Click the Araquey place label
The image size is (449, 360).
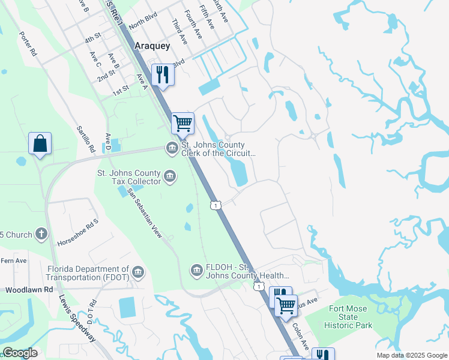point(152,46)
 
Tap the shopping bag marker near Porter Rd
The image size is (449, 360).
point(40,144)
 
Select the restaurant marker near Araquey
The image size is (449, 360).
point(163,74)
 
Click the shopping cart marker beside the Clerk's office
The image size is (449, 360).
point(183,124)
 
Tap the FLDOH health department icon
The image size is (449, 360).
point(196,272)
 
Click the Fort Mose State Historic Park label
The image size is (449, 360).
point(351,317)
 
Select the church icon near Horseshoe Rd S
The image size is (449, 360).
point(41,233)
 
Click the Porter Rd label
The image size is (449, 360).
point(28,44)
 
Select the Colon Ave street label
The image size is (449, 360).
point(301,337)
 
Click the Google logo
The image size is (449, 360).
point(19,353)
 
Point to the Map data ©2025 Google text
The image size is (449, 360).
point(411,355)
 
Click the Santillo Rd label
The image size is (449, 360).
point(86,139)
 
